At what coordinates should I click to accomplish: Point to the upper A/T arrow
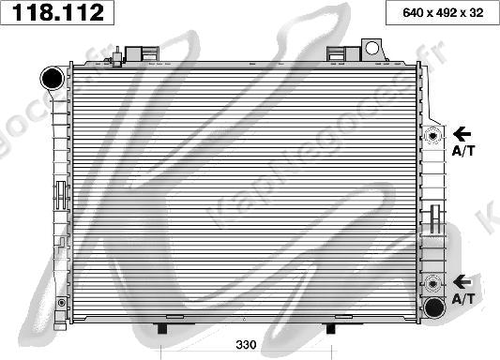coord(462,134)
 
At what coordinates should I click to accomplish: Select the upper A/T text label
coord(462,150)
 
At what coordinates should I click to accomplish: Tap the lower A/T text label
coord(462,298)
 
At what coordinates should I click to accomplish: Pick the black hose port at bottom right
coord(434,307)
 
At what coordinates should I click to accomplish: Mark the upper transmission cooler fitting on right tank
coord(433,135)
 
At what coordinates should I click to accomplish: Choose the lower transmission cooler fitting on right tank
coord(433,282)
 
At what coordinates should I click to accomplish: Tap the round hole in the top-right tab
coord(371,47)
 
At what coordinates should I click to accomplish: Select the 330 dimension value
coord(246,345)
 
